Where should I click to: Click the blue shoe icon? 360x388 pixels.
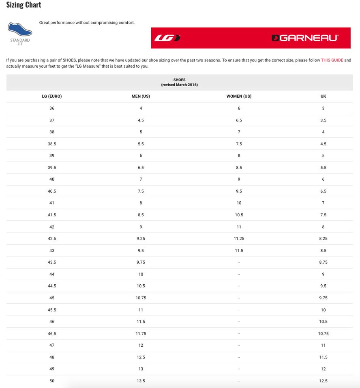pos(20,29)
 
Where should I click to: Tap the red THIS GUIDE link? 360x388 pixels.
pos(332,60)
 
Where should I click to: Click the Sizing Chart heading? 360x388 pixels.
pos(24,5)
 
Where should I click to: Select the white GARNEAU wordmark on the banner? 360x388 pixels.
pos(305,38)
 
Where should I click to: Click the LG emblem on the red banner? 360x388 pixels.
pos(167,38)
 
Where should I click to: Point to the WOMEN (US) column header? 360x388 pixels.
pos(239,96)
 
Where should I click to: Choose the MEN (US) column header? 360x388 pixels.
pos(141,96)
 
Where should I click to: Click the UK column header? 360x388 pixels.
pos(323,96)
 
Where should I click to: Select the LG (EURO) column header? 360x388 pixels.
pos(52,96)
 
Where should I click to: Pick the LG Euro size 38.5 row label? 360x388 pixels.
pos(52,144)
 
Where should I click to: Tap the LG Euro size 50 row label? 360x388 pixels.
pos(52,381)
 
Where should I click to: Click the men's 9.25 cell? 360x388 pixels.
pos(141,239)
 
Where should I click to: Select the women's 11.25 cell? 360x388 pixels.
pos(239,239)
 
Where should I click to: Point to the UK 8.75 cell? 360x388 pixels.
pos(323,262)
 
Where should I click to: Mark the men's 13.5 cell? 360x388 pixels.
pos(141,381)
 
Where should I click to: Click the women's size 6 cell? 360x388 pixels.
pos(239,108)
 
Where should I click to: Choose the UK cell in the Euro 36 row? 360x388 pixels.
pos(323,108)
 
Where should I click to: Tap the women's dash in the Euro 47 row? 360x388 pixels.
pos(239,345)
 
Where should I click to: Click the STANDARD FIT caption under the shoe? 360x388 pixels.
pos(20,42)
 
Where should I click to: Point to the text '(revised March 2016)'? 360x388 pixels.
pos(179,85)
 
